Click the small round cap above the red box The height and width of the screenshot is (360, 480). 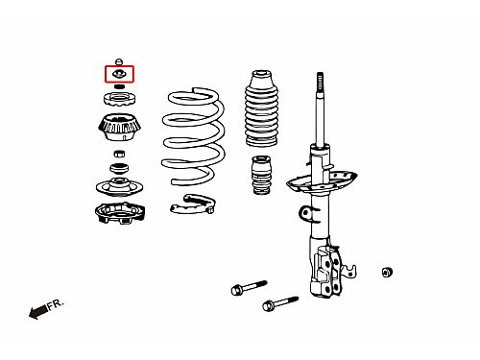pos(119,61)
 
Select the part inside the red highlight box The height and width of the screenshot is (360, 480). pos(119,74)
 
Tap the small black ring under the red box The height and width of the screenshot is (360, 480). pos(119,86)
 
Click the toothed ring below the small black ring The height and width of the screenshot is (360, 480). pos(119,99)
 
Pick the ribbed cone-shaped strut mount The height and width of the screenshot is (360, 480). pos(119,127)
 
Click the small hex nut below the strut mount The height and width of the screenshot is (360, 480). pos(119,154)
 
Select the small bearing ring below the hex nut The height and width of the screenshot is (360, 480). pos(119,168)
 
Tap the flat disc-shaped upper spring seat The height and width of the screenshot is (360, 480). pos(119,187)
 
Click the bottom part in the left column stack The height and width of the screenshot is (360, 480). pos(120,212)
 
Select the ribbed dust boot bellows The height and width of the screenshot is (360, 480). pos(261,108)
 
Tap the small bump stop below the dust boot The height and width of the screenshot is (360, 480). pos(262,175)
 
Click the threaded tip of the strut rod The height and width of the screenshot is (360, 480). pos(320,82)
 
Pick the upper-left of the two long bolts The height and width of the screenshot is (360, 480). pos(249,288)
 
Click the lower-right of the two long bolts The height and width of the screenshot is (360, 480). pos(280,303)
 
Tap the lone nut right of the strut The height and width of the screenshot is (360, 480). pos(388,272)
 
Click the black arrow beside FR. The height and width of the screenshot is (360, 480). pos(38,311)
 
